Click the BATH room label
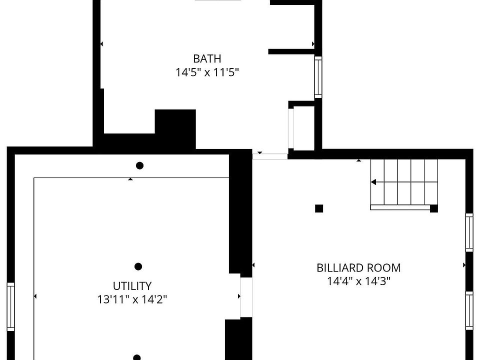click(207, 58)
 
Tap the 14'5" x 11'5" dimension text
click(207, 72)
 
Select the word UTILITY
click(132, 286)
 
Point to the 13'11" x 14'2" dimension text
click(132, 299)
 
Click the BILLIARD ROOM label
click(358, 267)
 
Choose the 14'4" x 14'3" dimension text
click(358, 281)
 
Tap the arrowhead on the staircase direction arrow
click(373, 182)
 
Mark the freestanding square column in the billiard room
click(319, 208)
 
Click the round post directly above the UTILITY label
click(138, 266)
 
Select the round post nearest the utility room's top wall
click(140, 165)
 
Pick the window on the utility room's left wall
click(10, 306)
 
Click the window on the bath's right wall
click(318, 77)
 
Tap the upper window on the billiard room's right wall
click(469, 232)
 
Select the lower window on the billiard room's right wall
click(469, 310)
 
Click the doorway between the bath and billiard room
click(270, 156)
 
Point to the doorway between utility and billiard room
click(245, 297)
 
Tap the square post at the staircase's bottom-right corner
click(433, 208)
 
